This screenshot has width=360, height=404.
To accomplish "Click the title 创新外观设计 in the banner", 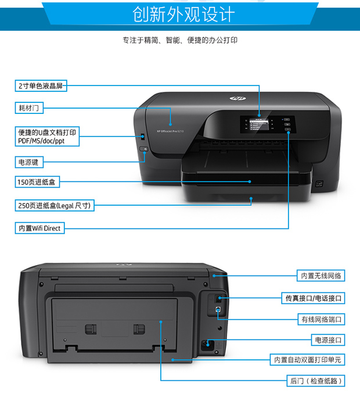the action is [183, 14].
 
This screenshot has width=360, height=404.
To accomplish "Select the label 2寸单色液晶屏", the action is [41, 86].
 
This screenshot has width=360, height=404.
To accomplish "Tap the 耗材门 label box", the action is [29, 108].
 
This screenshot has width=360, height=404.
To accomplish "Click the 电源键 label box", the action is [29, 162].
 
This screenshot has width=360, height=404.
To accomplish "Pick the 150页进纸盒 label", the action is [37, 182].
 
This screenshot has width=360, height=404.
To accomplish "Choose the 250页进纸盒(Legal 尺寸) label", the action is [55, 205].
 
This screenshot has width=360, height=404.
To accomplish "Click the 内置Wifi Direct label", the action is [39, 228].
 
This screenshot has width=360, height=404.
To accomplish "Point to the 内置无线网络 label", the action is [321, 276].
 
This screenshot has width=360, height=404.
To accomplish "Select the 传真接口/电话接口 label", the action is [313, 298].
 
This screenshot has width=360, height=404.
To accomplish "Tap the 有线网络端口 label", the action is [321, 320].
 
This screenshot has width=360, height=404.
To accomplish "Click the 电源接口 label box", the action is [328, 340].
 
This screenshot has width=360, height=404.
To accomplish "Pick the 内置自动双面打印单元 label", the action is [307, 360].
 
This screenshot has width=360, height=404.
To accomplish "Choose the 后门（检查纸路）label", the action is [316, 381].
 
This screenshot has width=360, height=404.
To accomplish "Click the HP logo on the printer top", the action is [237, 98].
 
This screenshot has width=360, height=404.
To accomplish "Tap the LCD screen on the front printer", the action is [259, 124].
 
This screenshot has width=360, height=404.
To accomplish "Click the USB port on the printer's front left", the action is [143, 137].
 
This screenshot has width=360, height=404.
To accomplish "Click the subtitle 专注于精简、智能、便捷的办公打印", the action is [180, 40].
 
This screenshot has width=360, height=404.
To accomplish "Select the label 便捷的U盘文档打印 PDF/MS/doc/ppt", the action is [47, 136].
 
